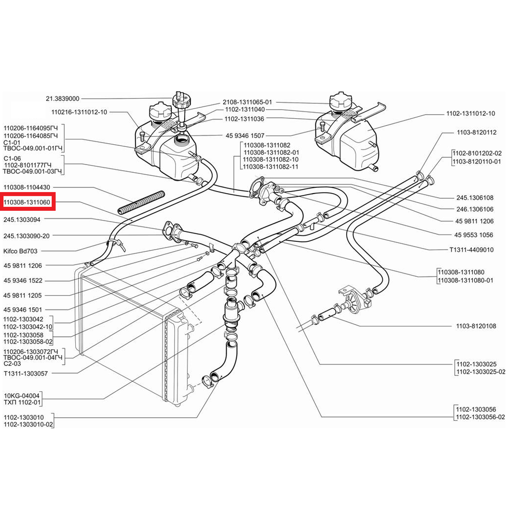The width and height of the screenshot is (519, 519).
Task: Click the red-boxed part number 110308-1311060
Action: click(27, 201)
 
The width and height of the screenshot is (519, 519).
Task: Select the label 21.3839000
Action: click(63, 99)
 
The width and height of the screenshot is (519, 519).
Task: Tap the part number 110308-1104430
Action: click(27, 187)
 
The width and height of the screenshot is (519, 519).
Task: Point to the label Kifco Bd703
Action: click(20, 251)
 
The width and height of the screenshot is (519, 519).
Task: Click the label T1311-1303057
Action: click(25, 374)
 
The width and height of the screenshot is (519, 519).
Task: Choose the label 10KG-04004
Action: click(21, 395)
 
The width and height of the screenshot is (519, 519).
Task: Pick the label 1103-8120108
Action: click(476, 326)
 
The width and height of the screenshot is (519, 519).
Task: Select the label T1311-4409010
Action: click(471, 250)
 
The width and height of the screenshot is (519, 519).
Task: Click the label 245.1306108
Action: click(475, 198)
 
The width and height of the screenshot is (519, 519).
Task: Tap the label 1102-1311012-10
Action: click(471, 114)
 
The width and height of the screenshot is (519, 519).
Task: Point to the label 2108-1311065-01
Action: click(247, 102)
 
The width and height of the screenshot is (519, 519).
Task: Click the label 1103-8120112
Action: click(476, 132)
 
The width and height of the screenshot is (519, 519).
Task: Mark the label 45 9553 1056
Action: click(474, 235)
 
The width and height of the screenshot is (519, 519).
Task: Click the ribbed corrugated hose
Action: click(141, 202)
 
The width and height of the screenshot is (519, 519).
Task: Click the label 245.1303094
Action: click(22, 220)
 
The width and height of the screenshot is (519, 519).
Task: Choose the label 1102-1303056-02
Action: click(481, 417)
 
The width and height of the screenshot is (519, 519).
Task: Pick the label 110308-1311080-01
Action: click(466, 280)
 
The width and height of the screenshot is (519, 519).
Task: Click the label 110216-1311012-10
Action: click(79, 112)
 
